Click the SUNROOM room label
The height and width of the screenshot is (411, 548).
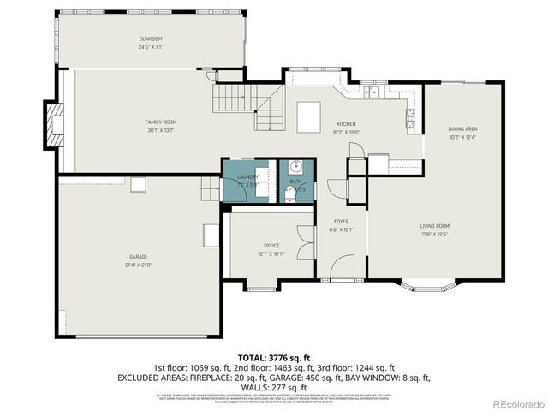(x=151, y=39)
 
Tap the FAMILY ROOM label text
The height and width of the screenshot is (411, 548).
(x=160, y=122)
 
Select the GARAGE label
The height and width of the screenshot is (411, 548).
(x=138, y=258)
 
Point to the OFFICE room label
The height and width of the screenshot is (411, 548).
(x=271, y=246)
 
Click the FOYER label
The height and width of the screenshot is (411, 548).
(x=341, y=222)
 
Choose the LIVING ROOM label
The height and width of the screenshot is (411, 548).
(x=434, y=226)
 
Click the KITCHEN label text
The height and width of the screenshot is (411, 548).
(x=345, y=124)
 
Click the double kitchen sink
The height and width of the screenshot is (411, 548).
(x=372, y=92)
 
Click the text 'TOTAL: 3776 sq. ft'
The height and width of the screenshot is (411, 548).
(x=274, y=356)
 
